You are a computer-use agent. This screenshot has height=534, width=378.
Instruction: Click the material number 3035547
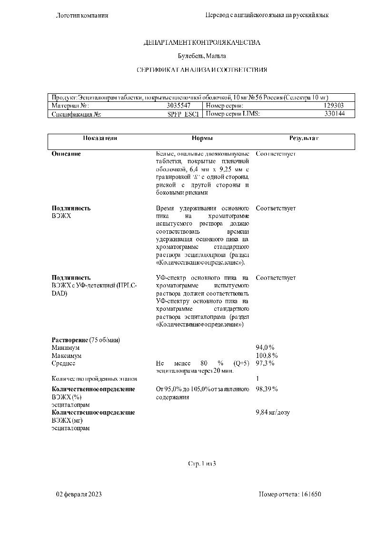click(179, 106)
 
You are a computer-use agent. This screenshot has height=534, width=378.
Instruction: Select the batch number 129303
click(333, 106)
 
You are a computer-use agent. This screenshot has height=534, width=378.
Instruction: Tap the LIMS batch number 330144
click(334, 114)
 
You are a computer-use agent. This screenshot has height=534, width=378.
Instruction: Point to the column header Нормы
click(202, 138)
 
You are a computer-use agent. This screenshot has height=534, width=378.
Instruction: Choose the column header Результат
click(304, 138)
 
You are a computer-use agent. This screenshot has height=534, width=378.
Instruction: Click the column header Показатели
click(99, 138)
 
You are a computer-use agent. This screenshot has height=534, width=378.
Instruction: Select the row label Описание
click(66, 154)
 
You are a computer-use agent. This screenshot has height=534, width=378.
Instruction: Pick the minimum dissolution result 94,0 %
click(265, 347)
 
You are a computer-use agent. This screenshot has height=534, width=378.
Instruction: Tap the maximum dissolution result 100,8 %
click(267, 356)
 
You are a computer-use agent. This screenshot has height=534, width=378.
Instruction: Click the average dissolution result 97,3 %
click(265, 363)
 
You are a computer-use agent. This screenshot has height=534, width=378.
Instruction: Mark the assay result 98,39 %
click(267, 389)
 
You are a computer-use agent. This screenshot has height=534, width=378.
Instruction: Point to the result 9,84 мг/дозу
click(273, 412)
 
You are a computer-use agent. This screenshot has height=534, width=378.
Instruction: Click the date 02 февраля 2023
click(79, 494)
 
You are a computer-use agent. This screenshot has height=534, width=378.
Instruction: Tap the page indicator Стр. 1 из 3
click(202, 463)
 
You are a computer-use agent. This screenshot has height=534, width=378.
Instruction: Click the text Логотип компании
click(82, 15)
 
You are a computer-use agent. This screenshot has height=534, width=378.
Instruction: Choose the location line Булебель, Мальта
click(202, 56)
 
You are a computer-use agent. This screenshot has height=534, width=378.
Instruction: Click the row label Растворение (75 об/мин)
click(86, 340)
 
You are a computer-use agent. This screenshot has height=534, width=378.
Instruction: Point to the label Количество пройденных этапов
click(94, 379)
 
